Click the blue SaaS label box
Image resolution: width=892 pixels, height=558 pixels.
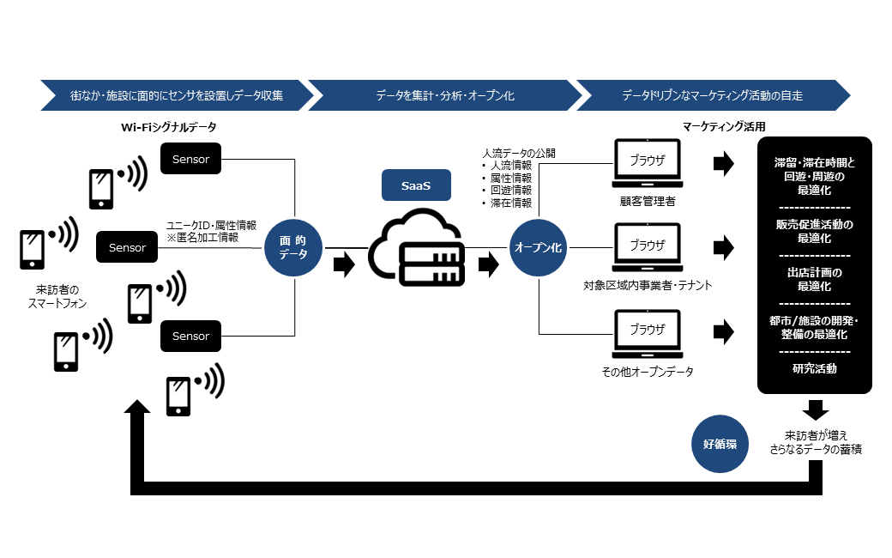[416, 185]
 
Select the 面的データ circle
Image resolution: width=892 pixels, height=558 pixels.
[292, 248]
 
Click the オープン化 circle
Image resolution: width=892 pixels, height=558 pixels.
[538, 247]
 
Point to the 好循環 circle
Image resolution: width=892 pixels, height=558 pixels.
[720, 444]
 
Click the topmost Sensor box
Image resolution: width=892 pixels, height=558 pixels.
[190, 160]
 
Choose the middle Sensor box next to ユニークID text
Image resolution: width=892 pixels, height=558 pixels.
[127, 248]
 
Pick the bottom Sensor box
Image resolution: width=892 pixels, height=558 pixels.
[190, 337]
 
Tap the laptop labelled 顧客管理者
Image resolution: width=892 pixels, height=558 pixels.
[648, 164]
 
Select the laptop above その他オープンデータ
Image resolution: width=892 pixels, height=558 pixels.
[648, 336]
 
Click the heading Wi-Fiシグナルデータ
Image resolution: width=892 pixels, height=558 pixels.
[168, 127]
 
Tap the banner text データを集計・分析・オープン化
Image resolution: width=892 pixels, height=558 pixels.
[444, 95]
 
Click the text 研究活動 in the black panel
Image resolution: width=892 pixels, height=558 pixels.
[814, 369]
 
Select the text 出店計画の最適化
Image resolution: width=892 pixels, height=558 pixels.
[814, 279]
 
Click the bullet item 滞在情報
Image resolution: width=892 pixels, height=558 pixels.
[510, 203]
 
